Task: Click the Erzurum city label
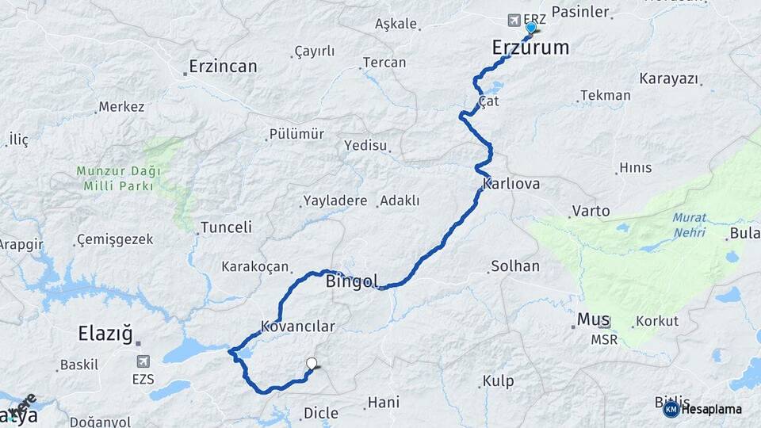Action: (x=530, y=48)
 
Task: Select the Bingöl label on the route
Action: (x=352, y=281)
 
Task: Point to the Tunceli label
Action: (x=226, y=227)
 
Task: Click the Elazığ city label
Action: (x=105, y=334)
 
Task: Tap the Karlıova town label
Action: (x=511, y=184)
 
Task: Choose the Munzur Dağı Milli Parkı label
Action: (x=119, y=178)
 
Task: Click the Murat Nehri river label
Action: (x=689, y=225)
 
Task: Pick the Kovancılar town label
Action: (x=298, y=327)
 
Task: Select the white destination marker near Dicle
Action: (x=312, y=365)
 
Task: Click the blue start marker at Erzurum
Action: (x=530, y=28)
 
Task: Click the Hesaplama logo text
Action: (x=711, y=409)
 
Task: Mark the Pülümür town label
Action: (x=296, y=134)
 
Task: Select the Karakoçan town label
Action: (x=255, y=267)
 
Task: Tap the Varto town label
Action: (x=591, y=211)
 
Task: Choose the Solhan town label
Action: (x=515, y=266)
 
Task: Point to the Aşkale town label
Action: (x=396, y=24)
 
